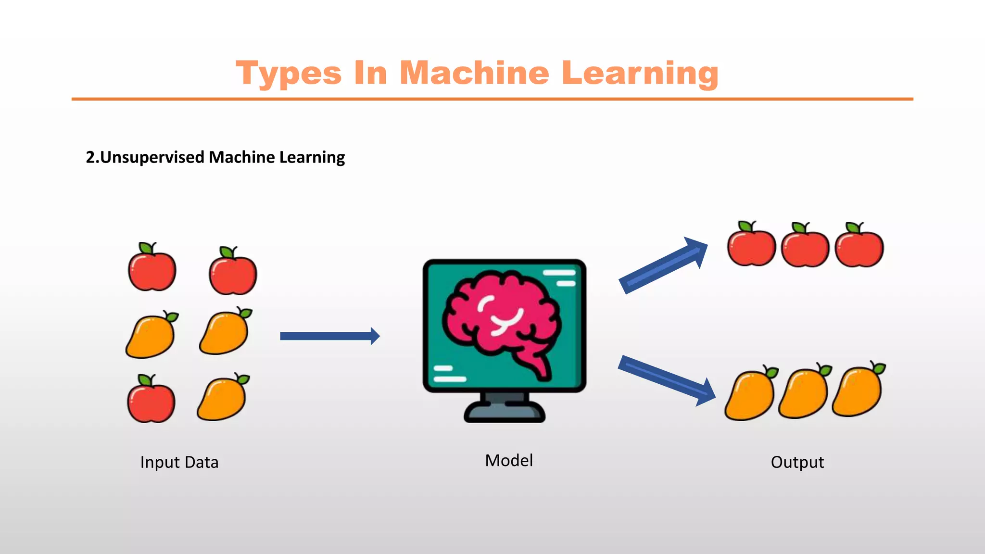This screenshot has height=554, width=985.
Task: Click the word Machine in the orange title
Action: tap(474, 73)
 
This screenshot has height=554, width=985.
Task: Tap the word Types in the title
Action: tap(289, 73)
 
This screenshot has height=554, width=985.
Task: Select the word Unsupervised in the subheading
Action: tap(152, 157)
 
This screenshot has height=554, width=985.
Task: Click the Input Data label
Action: tap(179, 462)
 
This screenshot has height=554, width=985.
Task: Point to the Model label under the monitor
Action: tap(509, 461)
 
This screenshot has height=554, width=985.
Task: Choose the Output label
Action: tap(797, 462)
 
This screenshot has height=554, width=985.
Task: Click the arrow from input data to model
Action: tap(329, 336)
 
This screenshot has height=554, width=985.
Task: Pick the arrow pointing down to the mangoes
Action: tap(666, 380)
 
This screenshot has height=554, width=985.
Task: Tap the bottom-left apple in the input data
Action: tap(151, 400)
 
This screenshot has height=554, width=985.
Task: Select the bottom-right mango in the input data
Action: tap(223, 398)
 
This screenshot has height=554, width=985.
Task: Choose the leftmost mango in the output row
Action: tap(750, 395)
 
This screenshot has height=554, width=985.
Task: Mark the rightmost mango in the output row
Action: tap(858, 390)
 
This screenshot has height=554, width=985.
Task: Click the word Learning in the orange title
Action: tap(640, 73)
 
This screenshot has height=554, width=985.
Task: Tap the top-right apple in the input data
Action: tap(233, 273)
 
